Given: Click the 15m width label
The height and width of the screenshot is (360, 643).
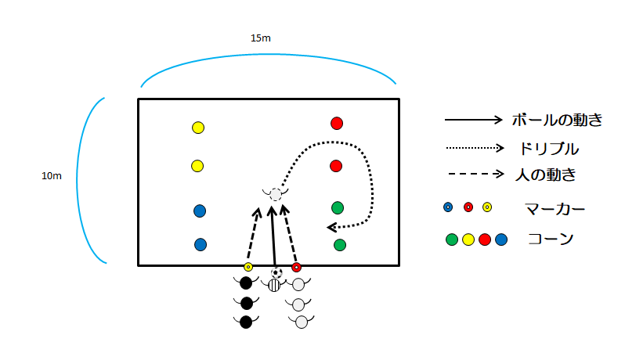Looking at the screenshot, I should [261, 38].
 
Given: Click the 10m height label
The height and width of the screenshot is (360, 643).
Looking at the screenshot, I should [52, 176].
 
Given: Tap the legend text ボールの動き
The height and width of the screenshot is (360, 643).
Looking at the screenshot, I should [557, 121].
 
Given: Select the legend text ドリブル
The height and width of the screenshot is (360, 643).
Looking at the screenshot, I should [549, 147].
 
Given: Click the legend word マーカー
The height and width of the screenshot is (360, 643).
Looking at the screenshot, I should [555, 208].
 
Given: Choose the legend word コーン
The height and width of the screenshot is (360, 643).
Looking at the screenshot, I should [549, 239].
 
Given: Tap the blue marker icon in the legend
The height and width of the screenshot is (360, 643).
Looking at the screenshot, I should [448, 207].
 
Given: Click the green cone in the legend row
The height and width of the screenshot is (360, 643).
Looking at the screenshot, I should [452, 239].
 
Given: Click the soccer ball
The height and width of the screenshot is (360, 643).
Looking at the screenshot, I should [276, 272].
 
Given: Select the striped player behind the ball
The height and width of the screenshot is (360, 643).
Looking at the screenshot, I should [274, 285].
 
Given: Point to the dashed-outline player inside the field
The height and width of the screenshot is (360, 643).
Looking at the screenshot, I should [275, 193].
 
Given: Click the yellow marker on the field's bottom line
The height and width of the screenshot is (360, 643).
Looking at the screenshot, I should [248, 267].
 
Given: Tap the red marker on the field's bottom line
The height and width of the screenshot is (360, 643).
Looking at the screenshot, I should [296, 267].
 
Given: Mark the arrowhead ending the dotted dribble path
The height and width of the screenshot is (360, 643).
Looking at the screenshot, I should [332, 227].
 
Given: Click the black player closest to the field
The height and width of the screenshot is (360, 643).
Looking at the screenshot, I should [246, 283].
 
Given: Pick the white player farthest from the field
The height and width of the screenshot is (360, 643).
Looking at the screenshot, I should [300, 322].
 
